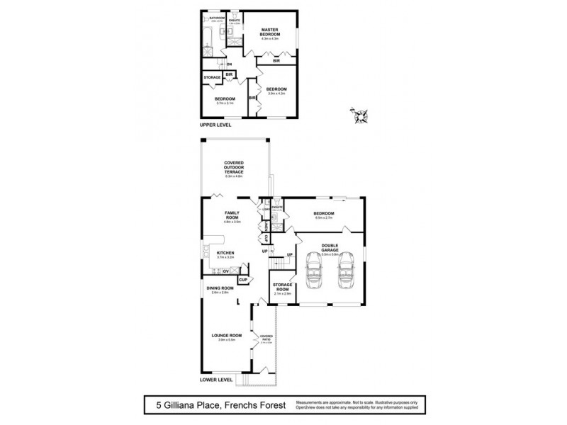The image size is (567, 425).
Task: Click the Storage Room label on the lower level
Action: point(283,288)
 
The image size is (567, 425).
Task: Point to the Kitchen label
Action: point(225,252)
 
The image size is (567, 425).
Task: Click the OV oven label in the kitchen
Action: point(226,271)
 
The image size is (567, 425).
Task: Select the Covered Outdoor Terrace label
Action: point(234,167)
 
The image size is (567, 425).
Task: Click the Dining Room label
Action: point(220,288)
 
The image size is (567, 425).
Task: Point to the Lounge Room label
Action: point(227,335)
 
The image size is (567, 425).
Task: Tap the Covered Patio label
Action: point(266,338)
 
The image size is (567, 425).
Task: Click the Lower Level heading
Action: point(217,380)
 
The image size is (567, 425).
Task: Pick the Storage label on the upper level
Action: point(213,76)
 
